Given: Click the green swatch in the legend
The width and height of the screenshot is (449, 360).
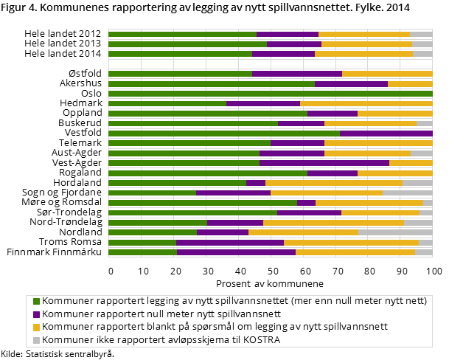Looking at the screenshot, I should click(36, 301).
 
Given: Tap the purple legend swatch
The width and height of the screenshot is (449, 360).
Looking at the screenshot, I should click(36, 314).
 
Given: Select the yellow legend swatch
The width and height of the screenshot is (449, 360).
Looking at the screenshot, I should click(36, 327).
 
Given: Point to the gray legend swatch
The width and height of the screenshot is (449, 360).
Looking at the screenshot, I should click(36, 340).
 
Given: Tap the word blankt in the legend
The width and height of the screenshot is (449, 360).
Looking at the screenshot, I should click(184, 327).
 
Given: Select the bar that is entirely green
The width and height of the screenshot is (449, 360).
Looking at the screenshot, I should click(270, 94).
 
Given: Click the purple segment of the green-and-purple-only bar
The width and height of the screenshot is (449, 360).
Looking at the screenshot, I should click(386, 134).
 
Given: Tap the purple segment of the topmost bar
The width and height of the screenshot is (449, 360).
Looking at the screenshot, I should click(288, 34).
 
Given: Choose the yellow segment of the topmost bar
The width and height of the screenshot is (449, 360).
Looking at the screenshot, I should click(363, 34).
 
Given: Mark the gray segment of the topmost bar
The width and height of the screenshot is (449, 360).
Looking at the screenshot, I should click(421, 34).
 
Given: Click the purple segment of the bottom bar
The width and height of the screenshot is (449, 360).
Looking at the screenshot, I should click(236, 252).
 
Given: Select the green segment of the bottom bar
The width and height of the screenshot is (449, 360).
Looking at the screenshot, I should click(142, 252).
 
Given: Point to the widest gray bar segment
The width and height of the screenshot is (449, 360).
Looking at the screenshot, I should click(395, 232).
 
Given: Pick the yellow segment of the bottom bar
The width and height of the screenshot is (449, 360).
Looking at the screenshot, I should click(355, 252).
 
